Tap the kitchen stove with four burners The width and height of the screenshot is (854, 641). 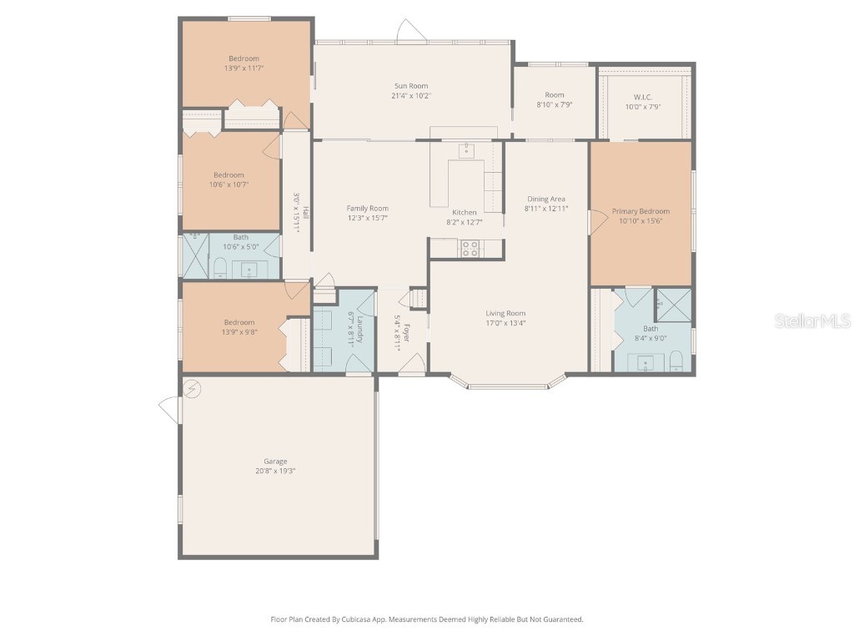pyautogui.click(x=470, y=248)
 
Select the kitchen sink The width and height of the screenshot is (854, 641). pyautogui.click(x=467, y=150)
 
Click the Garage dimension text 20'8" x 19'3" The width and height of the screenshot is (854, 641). pyautogui.click(x=275, y=471)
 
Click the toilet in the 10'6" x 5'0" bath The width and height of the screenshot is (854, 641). pyautogui.click(x=220, y=268)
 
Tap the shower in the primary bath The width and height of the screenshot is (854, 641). pyautogui.click(x=672, y=305)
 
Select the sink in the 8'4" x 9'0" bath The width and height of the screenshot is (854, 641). pyautogui.click(x=645, y=362)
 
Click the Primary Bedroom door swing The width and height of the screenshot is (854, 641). pyautogui.click(x=597, y=222)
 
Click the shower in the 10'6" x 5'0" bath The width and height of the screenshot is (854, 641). pyautogui.click(x=196, y=255)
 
